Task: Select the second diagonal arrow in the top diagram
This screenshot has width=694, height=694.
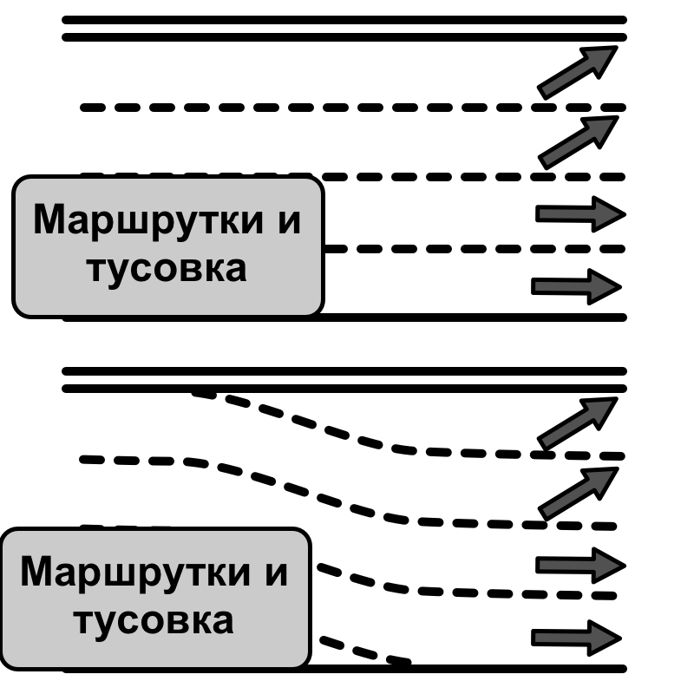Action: [578, 141]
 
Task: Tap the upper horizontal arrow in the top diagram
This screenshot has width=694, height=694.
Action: [579, 213]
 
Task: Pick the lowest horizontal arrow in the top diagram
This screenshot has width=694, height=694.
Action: [577, 285]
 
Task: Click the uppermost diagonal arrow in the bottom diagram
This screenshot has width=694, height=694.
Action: [578, 422]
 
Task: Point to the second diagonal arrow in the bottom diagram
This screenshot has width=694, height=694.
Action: [578, 493]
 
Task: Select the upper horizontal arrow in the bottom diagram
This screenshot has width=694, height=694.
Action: [579, 566]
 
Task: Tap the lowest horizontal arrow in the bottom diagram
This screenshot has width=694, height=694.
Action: [577, 638]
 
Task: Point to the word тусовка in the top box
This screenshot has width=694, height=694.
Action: [167, 269]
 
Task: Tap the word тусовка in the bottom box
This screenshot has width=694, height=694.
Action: [154, 621]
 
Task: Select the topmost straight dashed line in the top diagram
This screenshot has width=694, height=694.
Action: [347, 108]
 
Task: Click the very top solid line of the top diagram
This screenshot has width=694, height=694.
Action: [347, 19]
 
